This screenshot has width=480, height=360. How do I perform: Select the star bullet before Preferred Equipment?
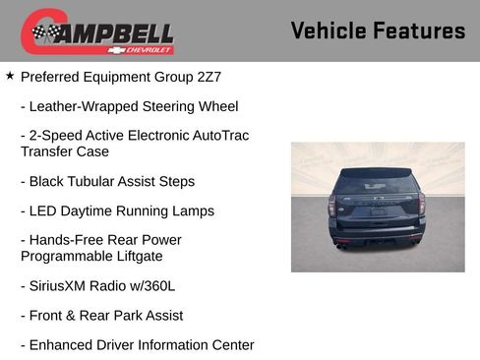pyautogui.click(x=10, y=75)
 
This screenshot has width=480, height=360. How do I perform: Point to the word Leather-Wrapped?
pyautogui.click(x=84, y=106)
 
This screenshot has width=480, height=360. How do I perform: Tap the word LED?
pyautogui.click(x=44, y=210)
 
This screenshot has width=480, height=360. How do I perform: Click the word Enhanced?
pyautogui.click(x=63, y=345)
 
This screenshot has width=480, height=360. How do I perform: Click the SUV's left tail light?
pyautogui.click(x=332, y=206)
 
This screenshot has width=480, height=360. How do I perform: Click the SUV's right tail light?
pyautogui.click(x=422, y=206)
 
